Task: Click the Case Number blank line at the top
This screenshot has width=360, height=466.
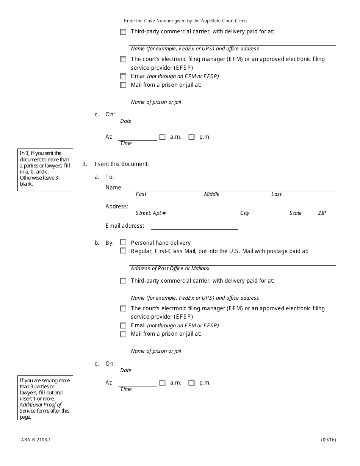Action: coord(293,22)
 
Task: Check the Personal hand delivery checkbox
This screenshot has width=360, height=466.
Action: coord(123,242)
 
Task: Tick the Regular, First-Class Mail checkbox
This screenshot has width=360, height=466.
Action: coord(123,251)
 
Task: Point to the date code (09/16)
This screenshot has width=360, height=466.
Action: coord(329,440)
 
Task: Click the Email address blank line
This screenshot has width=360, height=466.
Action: coord(194,227)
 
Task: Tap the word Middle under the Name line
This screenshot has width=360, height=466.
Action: coord(211,194)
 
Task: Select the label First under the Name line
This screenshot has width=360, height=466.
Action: coord(141,194)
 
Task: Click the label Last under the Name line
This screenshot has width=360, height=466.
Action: coord(276,194)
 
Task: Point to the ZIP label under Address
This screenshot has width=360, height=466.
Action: coord(322,213)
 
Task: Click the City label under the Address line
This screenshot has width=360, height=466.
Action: coord(245,213)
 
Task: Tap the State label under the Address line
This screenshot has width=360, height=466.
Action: coord(296,213)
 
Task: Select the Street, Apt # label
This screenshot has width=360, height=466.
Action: coord(150,213)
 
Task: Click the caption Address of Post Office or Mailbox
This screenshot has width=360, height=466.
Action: coord(170,269)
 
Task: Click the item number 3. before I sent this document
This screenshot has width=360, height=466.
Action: coord(85,164)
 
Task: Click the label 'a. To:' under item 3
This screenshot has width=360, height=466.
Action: coord(104,177)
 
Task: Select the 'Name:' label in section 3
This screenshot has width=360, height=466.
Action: coord(114,188)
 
